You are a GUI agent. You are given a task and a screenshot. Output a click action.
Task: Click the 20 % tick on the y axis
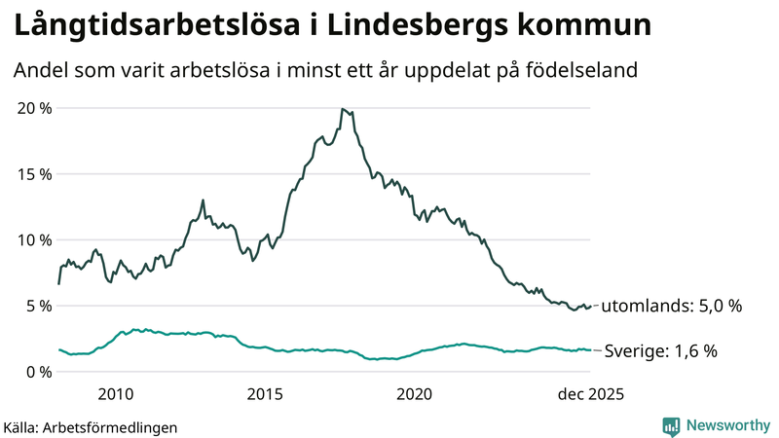(35, 107)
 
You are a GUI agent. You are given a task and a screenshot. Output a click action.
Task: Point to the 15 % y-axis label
(35, 173)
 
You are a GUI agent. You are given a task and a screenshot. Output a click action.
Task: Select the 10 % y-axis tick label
(35, 239)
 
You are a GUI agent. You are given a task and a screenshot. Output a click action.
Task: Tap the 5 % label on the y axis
(40, 306)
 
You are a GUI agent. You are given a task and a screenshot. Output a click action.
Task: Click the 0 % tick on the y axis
(40, 372)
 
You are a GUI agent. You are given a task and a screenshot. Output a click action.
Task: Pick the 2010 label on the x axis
(115, 394)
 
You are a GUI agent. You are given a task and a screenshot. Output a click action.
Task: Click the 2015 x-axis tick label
(265, 394)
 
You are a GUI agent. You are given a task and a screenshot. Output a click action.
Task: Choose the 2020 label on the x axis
(415, 394)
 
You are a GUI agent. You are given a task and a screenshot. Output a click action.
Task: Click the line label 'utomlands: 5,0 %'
(672, 306)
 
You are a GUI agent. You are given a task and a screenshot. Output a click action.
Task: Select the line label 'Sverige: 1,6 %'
(661, 351)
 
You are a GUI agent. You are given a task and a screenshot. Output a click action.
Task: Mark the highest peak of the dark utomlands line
(343, 109)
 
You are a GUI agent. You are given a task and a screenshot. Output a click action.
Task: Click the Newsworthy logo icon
(671, 425)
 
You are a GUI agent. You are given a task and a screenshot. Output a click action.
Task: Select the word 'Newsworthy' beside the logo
(726, 425)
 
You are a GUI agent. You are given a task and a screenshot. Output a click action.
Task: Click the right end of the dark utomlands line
(591, 306)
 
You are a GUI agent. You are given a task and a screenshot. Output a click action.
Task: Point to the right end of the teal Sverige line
(591, 350)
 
